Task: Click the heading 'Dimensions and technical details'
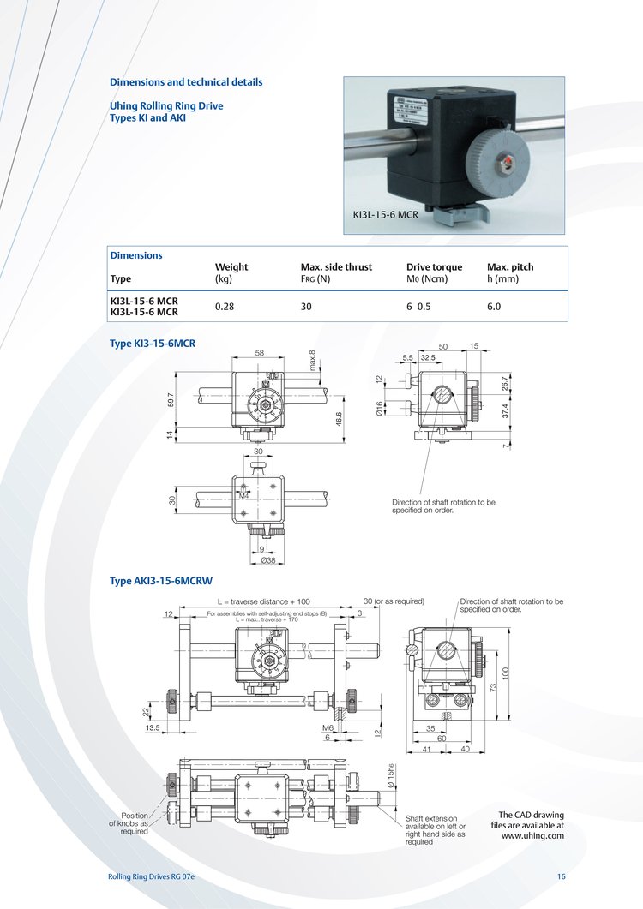coord(186,82)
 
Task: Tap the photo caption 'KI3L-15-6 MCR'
coord(385,214)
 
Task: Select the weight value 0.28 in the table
coord(225,306)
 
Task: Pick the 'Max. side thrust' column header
coord(336,266)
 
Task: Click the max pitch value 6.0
coord(494,306)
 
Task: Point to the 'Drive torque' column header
coord(434,266)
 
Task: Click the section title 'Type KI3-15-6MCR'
coord(153,343)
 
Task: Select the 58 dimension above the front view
coord(259,353)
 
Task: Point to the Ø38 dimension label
coord(267,561)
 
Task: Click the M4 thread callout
coord(243,495)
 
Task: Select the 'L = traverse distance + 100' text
coord(263,601)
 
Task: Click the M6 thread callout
coord(327,728)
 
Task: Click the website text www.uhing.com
coord(532,835)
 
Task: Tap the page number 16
coord(561,876)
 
